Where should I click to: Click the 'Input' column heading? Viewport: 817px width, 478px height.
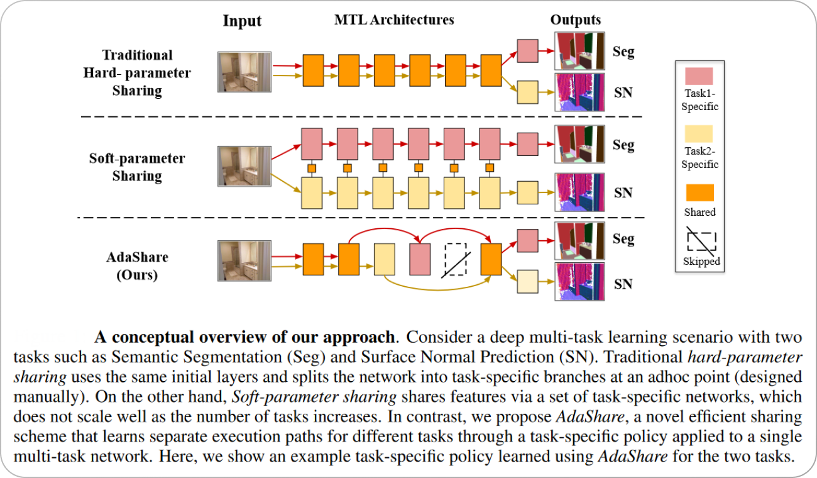pyautogui.click(x=242, y=21)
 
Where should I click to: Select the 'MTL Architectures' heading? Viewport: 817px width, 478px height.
pyautogui.click(x=394, y=20)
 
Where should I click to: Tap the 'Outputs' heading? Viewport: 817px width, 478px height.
pyautogui.click(x=575, y=20)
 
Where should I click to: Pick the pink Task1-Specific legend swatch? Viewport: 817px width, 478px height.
pyautogui.click(x=699, y=77)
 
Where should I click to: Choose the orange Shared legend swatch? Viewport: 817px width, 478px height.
pyautogui.click(x=699, y=192)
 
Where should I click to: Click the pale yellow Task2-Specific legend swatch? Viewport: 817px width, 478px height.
pyautogui.click(x=699, y=134)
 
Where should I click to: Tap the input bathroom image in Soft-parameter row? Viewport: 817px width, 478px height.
pyautogui.click(x=242, y=165)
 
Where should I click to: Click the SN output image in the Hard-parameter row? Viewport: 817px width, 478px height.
pyautogui.click(x=579, y=93)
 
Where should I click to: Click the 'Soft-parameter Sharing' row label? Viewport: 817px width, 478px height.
pyautogui.click(x=137, y=167)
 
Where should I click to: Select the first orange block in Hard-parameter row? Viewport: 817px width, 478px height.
pyautogui.click(x=313, y=65)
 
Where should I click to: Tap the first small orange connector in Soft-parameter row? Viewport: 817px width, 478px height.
pyautogui.click(x=310, y=168)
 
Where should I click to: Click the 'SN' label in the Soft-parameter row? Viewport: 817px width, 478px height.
pyautogui.click(x=623, y=193)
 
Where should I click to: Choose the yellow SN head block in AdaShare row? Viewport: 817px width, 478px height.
pyautogui.click(x=527, y=282)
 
